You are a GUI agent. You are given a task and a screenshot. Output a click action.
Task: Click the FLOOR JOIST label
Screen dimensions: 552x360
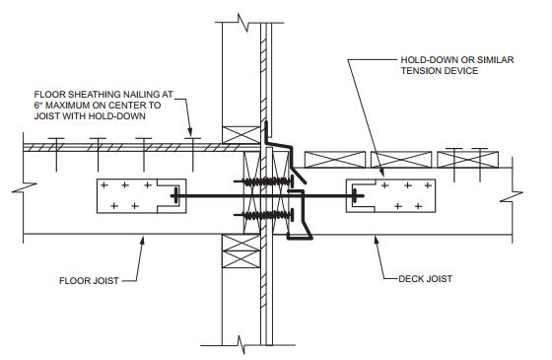[x=89, y=281]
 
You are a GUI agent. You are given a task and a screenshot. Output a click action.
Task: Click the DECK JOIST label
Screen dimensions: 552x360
[x=425, y=278]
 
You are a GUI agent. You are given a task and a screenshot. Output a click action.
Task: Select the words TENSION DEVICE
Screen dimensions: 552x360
[x=440, y=71]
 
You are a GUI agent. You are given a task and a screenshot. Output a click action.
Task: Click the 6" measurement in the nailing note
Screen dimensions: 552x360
[x=38, y=105]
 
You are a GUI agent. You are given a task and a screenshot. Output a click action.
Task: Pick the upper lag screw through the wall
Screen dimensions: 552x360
[x=264, y=181]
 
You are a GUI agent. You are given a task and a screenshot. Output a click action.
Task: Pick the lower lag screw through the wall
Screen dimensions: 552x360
[x=264, y=215]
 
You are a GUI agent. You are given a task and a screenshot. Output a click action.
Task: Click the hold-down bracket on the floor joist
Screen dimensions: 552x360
[x=142, y=196]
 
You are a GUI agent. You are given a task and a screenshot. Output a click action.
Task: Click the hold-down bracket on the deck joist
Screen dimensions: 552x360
[x=390, y=196]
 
